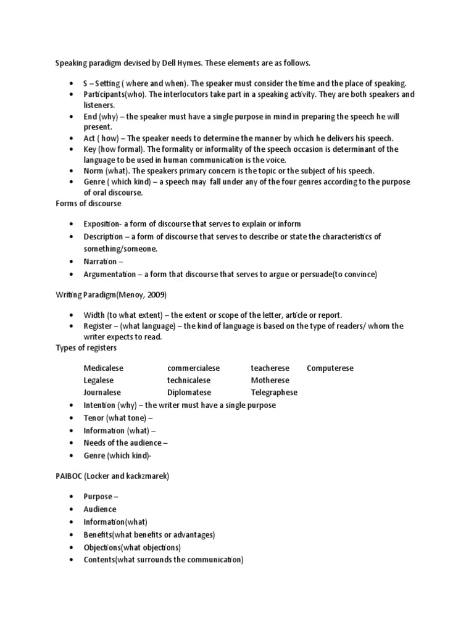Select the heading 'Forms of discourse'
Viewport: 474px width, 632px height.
89,204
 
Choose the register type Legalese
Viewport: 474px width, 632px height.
99,380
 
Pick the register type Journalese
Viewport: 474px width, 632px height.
102,393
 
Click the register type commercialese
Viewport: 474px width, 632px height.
193,368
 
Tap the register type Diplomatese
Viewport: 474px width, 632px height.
189,393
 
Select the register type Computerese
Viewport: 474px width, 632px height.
330,368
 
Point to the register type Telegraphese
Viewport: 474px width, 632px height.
274,393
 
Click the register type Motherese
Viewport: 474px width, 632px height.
270,380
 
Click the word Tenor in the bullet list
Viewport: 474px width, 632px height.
94,418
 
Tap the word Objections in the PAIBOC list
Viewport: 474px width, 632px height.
102,547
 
